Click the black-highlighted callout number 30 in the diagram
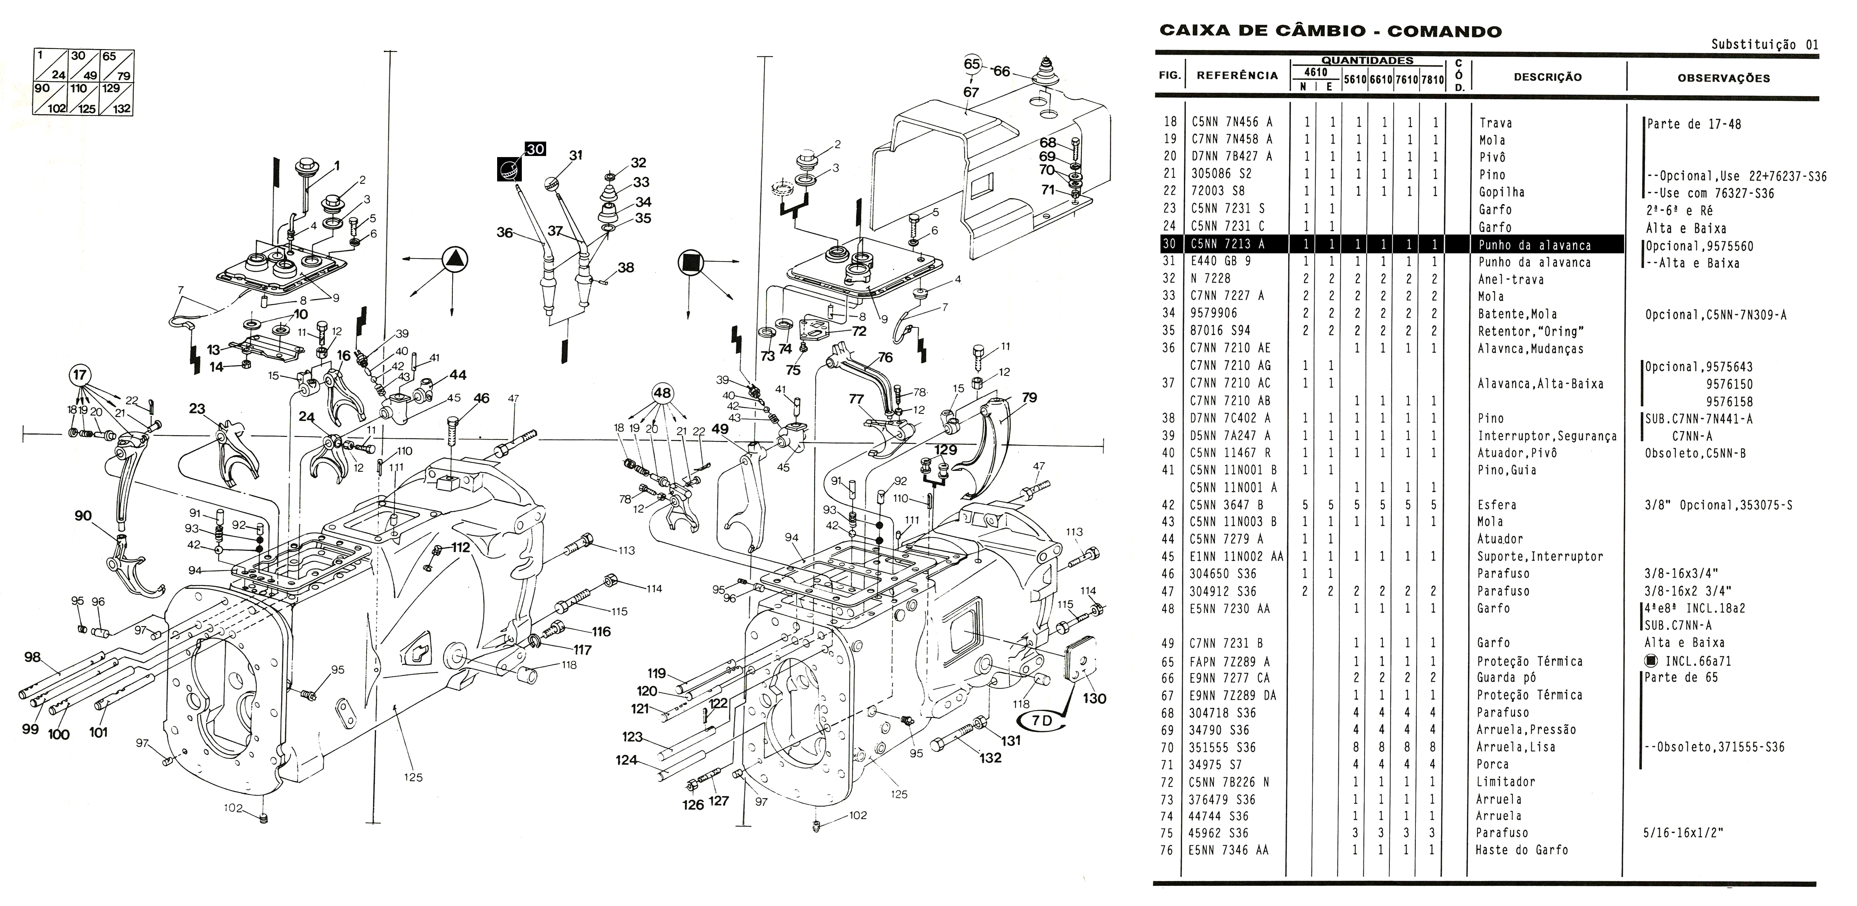coord(535,149)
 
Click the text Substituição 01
coord(1764,45)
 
